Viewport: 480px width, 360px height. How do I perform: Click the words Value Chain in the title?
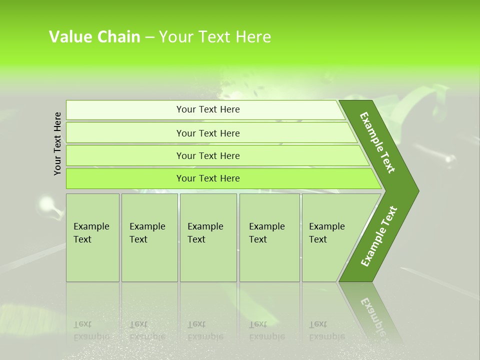(94, 37)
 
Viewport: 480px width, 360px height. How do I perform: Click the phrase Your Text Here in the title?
(215, 37)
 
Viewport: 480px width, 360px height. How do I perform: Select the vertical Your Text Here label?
(57, 143)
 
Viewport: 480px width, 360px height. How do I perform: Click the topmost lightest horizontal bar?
(125, 110)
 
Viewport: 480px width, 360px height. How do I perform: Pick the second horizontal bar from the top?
(125, 133)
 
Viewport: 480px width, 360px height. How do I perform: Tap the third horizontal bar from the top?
(125, 156)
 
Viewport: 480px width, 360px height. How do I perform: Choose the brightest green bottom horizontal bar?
(125, 178)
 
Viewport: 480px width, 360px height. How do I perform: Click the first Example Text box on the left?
(92, 237)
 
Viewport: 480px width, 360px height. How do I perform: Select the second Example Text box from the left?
(149, 237)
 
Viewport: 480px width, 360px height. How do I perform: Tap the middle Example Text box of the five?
(208, 237)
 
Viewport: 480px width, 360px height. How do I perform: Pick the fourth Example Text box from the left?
(269, 237)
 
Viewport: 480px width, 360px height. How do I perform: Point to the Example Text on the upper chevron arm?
(377, 142)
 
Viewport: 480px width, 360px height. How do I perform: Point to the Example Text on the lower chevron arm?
(378, 236)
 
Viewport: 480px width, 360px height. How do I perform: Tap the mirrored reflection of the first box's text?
(91, 330)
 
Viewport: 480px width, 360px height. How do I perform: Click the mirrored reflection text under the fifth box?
(326, 330)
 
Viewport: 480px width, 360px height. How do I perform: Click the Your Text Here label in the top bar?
(208, 109)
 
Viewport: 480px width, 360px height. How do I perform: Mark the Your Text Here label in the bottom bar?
(208, 178)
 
